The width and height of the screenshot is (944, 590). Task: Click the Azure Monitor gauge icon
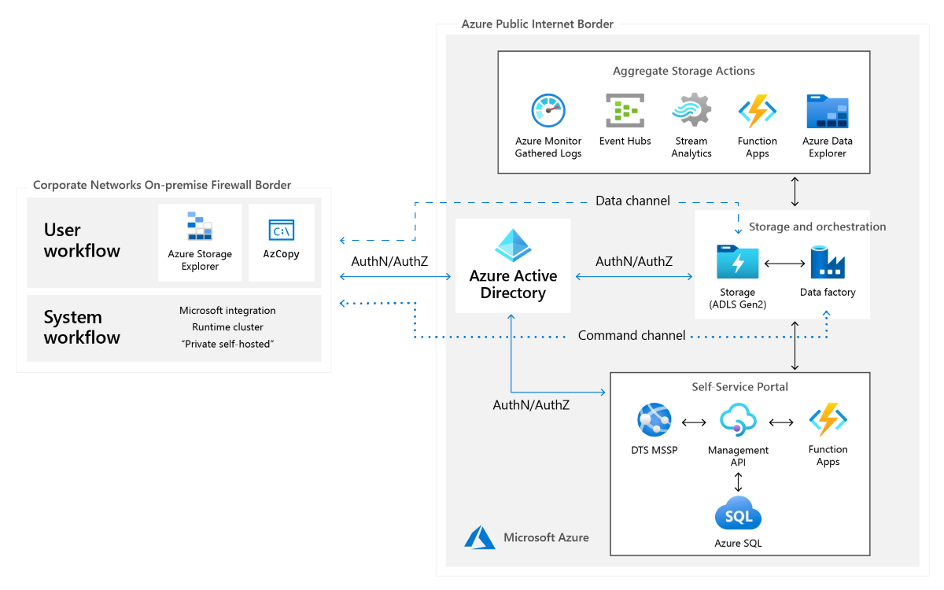pyautogui.click(x=548, y=111)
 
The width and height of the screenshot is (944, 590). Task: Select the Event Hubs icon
pyautogui.click(x=625, y=111)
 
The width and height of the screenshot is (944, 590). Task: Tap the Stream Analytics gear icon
pyautogui.click(x=691, y=110)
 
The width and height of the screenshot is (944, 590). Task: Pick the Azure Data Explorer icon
pyautogui.click(x=828, y=112)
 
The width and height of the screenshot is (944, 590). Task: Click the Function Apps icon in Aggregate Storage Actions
pyautogui.click(x=758, y=111)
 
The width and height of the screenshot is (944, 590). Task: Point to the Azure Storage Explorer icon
pyautogui.click(x=200, y=226)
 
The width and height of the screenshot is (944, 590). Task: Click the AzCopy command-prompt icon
pyautogui.click(x=281, y=230)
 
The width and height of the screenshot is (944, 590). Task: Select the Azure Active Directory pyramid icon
pyautogui.click(x=513, y=245)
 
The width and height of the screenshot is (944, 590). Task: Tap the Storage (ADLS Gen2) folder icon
pyautogui.click(x=737, y=262)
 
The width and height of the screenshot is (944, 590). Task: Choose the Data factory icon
pyautogui.click(x=828, y=262)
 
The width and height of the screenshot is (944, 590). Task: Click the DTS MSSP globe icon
pyautogui.click(x=655, y=420)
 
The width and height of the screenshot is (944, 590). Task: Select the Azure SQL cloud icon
pyautogui.click(x=738, y=514)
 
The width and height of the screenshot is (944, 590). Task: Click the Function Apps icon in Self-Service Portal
pyautogui.click(x=828, y=420)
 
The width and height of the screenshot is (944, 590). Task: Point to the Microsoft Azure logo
pyautogui.click(x=480, y=537)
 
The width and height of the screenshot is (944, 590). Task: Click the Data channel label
pyautogui.click(x=632, y=201)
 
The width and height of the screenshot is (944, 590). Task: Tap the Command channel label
pyautogui.click(x=632, y=335)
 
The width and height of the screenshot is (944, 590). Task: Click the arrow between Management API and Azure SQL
pyautogui.click(x=738, y=481)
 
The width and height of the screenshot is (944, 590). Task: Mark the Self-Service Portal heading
pyautogui.click(x=739, y=386)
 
